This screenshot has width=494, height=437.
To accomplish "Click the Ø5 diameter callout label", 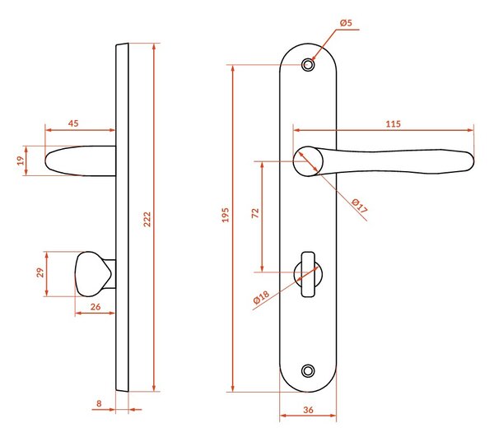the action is [x=346, y=23].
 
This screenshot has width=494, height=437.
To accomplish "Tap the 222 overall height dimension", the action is [x=147, y=219].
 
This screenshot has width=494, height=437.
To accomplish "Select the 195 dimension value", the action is [x=226, y=215].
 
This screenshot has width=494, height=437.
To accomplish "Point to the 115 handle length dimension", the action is [x=393, y=123].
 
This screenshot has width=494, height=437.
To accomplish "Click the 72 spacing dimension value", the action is [x=255, y=213].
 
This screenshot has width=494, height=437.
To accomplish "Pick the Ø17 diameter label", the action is [x=360, y=206].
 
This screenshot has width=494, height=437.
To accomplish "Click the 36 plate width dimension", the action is [x=308, y=410].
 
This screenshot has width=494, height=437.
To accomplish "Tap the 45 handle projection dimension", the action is [x=73, y=123].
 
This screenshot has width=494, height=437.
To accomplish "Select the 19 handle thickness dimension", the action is [x=21, y=160].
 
